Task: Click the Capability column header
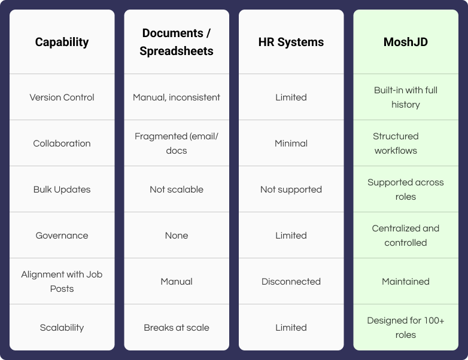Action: (62, 42)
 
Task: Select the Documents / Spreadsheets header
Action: (177, 42)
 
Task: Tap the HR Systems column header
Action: (291, 42)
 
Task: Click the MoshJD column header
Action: (406, 42)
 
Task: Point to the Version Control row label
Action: (62, 97)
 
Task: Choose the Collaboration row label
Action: (62, 144)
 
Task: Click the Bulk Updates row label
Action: (62, 190)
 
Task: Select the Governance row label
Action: (62, 236)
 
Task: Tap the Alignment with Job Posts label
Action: (62, 282)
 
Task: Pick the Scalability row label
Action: (62, 328)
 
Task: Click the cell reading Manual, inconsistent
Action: (177, 97)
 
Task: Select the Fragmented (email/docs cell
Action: (177, 144)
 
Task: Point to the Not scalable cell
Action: (177, 190)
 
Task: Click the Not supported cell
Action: (291, 190)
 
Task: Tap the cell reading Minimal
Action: (291, 144)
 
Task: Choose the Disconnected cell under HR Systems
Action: (291, 282)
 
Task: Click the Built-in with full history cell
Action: (406, 97)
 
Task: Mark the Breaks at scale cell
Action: (177, 328)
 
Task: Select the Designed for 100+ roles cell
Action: (406, 328)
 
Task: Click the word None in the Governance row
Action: (177, 236)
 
